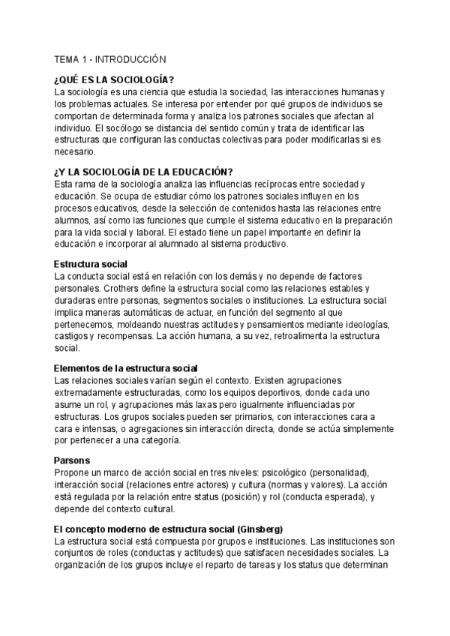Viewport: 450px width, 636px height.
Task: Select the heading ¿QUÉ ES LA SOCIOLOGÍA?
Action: tap(115, 80)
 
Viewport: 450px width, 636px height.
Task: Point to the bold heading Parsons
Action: tap(72, 459)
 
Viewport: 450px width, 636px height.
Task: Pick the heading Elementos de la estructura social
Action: tap(127, 367)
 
